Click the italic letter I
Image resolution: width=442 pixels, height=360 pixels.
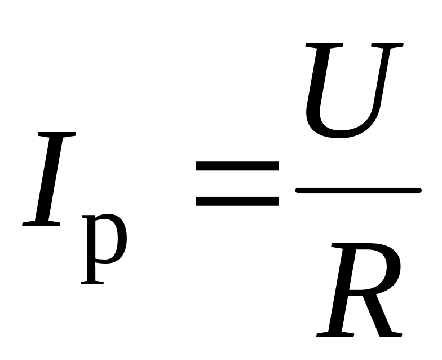coord(49,179)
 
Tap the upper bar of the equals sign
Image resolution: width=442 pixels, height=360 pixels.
coord(237,166)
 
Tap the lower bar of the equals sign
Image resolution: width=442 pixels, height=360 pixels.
coord(237,201)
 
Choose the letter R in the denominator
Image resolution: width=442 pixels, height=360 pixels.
coord(361,291)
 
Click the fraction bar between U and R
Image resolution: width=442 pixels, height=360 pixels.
coord(359,191)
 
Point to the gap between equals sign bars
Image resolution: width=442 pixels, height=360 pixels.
coord(237,183)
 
